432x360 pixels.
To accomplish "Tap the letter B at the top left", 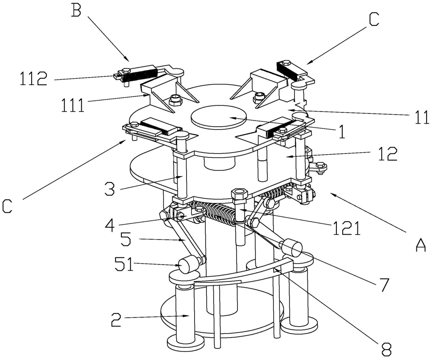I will click(76, 10).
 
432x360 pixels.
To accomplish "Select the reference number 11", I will click(421, 118).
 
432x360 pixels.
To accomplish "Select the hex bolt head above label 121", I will click(240, 195).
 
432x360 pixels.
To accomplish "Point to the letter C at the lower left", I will click(8, 207).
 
